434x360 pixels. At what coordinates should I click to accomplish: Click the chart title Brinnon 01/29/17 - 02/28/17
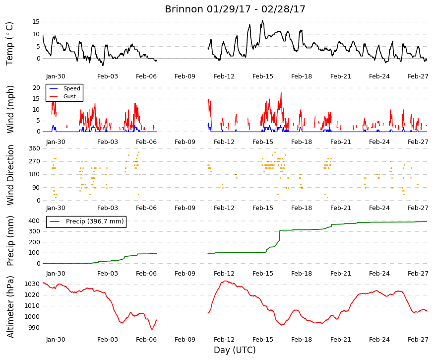click(235, 9)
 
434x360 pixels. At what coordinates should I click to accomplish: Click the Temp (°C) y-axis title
click(10, 44)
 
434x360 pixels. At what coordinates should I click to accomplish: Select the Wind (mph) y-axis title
click(10, 109)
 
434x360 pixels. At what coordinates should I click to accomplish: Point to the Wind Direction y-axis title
click(10, 175)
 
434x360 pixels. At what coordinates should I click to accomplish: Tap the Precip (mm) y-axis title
click(10, 241)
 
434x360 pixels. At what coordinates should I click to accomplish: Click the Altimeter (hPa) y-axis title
click(10, 307)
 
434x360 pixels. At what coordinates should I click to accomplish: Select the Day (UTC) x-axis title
click(235, 350)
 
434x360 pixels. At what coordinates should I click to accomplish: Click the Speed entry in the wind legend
click(71, 88)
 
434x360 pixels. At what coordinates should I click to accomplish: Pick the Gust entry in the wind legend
click(69, 96)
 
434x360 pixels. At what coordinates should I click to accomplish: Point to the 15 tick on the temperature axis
click(36, 22)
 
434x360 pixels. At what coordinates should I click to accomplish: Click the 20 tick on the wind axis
click(36, 88)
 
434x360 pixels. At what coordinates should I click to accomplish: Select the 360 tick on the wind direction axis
click(34, 148)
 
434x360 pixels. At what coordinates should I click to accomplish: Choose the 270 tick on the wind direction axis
click(34, 161)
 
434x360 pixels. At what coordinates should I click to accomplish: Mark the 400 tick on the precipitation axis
click(34, 221)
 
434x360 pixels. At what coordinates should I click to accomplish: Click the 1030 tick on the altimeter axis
click(32, 284)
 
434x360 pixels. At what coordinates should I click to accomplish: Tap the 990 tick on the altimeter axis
click(34, 328)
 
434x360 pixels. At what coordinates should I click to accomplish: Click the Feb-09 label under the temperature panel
click(185, 76)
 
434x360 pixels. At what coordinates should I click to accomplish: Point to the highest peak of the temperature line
click(262, 21)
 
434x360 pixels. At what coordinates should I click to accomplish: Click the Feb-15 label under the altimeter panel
click(263, 340)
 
